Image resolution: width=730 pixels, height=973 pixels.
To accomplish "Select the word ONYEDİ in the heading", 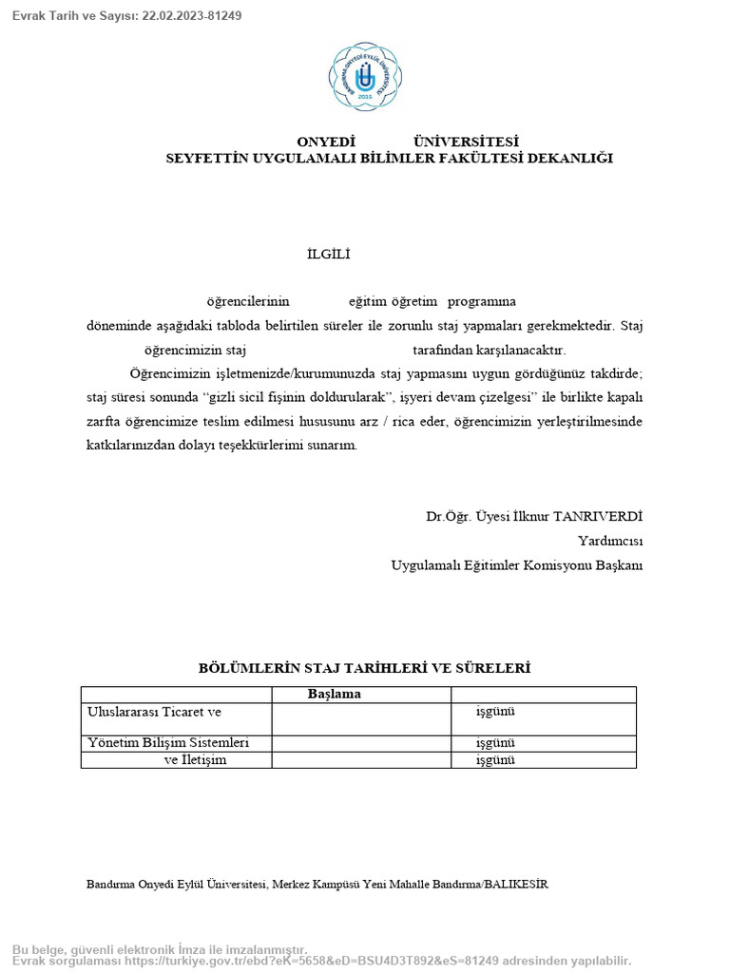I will [x=325, y=141].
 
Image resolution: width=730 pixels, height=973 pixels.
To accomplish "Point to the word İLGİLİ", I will [x=329, y=254].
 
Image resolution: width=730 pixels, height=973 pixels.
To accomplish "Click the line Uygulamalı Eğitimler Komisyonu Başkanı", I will [x=517, y=565].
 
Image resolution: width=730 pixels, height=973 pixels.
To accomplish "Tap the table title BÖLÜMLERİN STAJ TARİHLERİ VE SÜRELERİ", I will [x=364, y=668].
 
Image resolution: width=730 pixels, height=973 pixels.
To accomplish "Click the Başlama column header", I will [x=335, y=694].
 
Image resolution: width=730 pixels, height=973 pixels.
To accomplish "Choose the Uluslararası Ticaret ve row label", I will [x=154, y=711].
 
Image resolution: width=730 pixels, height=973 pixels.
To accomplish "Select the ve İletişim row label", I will [x=196, y=759].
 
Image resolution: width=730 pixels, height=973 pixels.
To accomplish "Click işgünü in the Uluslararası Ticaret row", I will [x=495, y=711].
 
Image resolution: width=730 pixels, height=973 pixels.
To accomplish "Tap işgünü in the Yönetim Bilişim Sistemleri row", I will [x=495, y=742].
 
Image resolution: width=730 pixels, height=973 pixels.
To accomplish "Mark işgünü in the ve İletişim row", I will [x=495, y=759].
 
